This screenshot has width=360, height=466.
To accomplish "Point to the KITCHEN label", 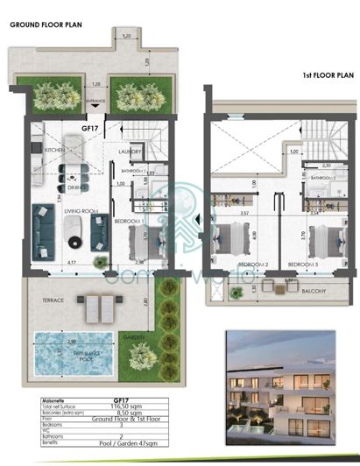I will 43,150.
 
